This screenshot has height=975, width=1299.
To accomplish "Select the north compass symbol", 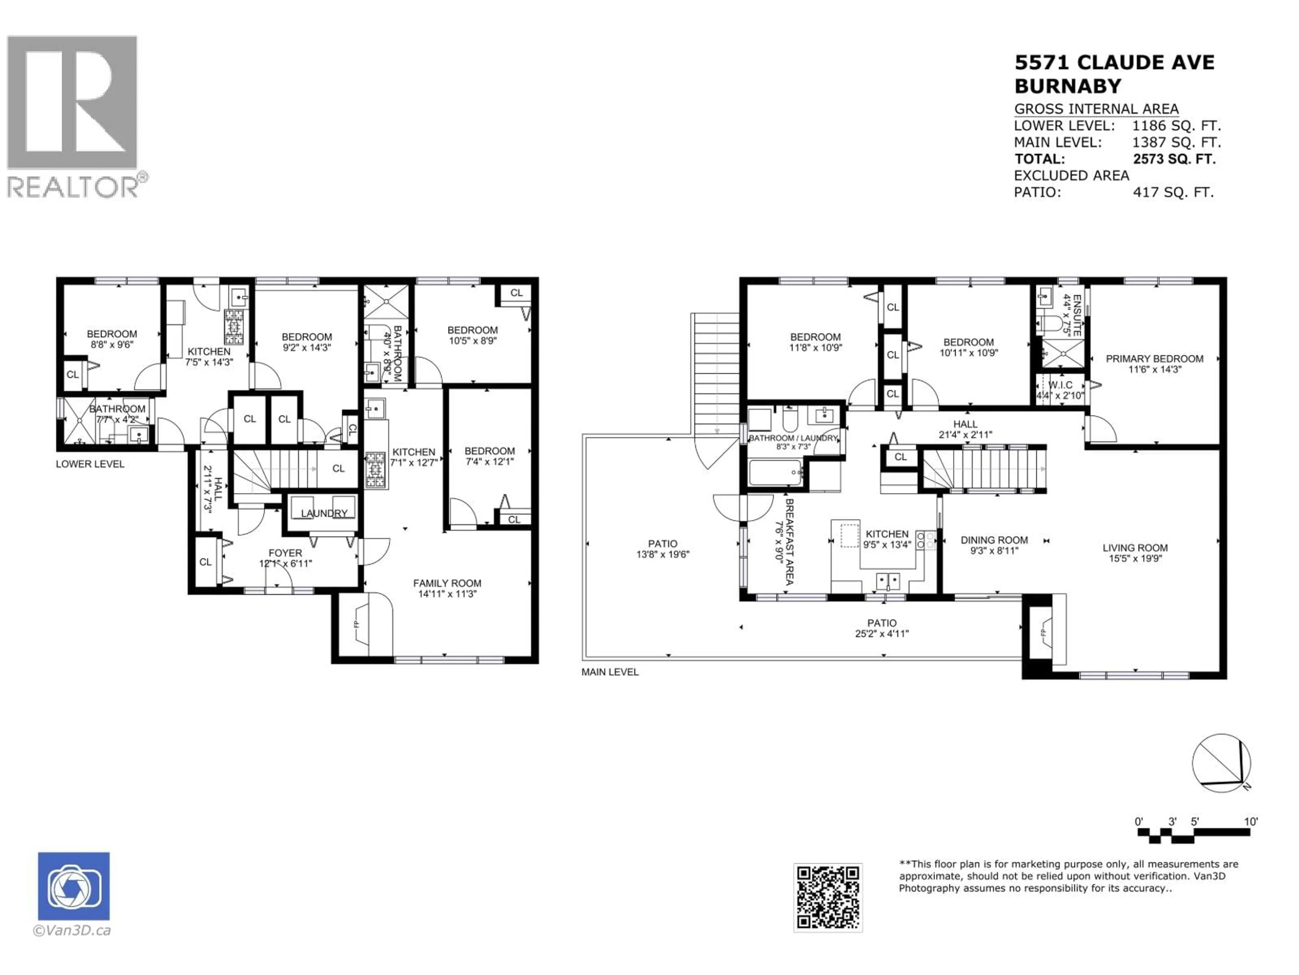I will coord(1222,763).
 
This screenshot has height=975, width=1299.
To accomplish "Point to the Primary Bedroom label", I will coord(1154,359).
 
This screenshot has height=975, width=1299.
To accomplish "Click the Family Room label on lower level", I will coord(447,583).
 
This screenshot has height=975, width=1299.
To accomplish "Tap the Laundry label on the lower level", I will coord(324,513).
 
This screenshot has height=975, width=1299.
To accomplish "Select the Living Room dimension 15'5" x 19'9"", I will coord(1135,558).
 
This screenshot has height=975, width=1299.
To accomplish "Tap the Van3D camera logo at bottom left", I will coord(73,886).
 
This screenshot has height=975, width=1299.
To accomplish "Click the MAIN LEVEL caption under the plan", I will coord(610,672).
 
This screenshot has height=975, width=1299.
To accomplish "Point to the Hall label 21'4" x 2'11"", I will coord(965,429).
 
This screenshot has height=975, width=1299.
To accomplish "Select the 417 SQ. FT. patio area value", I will coord(1173,192).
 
